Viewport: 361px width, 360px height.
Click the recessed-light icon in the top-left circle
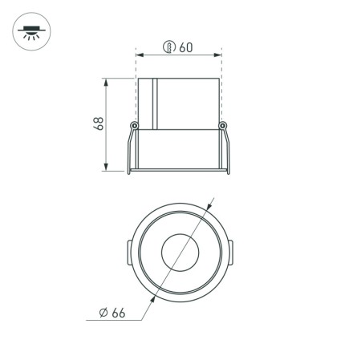pyautogui.click(x=32, y=33)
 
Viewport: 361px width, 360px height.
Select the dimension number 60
pyautogui.click(x=185, y=47)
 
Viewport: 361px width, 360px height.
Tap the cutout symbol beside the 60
pyautogui.click(x=168, y=47)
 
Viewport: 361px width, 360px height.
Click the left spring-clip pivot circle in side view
pyautogui.click(x=134, y=124)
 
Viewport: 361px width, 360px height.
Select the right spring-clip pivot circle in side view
pyautogui.click(x=224, y=124)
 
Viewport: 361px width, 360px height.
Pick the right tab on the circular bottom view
pyautogui.click(x=231, y=253)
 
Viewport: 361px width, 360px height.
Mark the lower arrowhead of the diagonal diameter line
pyautogui.click(x=150, y=299)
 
